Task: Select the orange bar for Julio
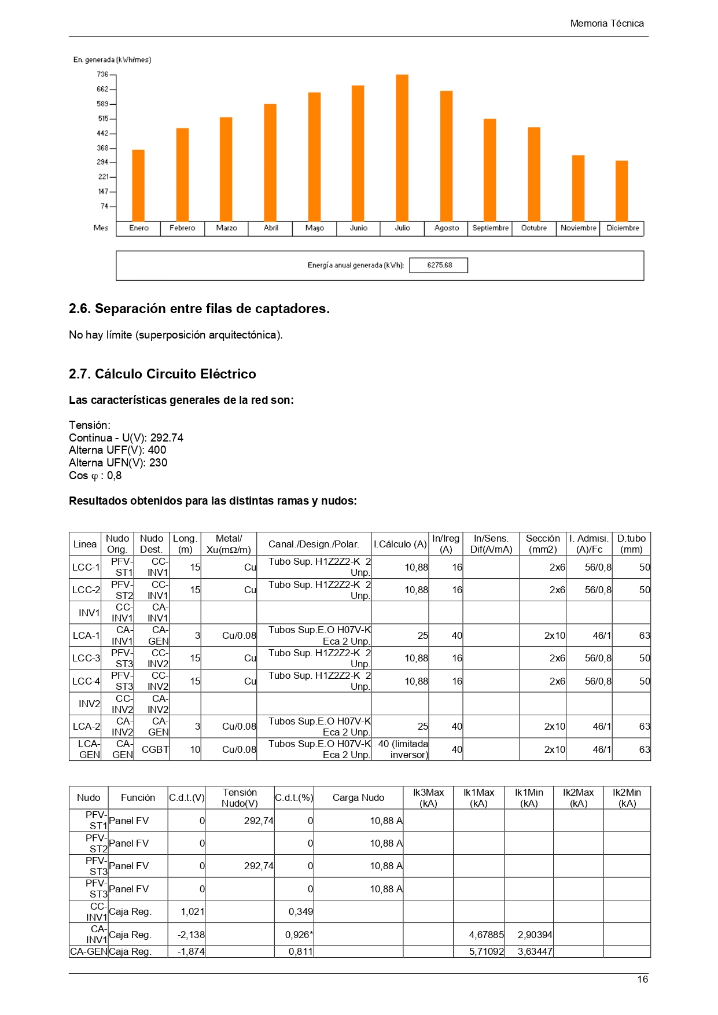pyautogui.click(x=402, y=148)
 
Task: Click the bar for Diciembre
pyautogui.click(x=621, y=191)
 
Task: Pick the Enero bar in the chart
pyautogui.click(x=138, y=185)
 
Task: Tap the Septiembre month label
pyautogui.click(x=490, y=228)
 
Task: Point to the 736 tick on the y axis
pyautogui.click(x=102, y=75)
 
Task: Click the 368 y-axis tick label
pyautogui.click(x=102, y=148)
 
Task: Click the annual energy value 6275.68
pyautogui.click(x=439, y=266)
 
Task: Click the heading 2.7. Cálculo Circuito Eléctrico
pyautogui.click(x=163, y=374)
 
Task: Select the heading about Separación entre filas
pyautogui.click(x=199, y=309)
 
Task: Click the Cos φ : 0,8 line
pyautogui.click(x=95, y=476)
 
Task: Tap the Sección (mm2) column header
pyautogui.click(x=542, y=544)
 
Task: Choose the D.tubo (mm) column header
pyautogui.click(x=631, y=544)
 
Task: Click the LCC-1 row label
pyautogui.click(x=86, y=567)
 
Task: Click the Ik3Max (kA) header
pyautogui.click(x=428, y=797)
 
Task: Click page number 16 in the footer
pyautogui.click(x=642, y=979)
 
